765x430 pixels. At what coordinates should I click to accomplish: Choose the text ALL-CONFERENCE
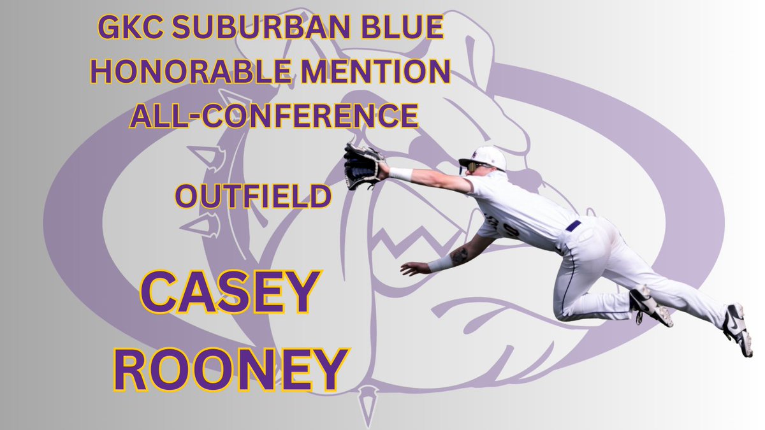click(x=274, y=115)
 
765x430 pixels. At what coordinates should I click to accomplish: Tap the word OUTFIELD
click(x=253, y=197)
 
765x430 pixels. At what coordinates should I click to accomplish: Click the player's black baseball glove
click(x=362, y=165)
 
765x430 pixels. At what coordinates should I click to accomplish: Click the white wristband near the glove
click(x=401, y=173)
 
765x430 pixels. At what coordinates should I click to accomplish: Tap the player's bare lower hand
click(x=414, y=268)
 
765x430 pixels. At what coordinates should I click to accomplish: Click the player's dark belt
click(x=574, y=226)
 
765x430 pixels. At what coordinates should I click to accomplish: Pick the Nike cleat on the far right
click(x=737, y=328)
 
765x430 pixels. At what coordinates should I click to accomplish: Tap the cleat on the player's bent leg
click(x=649, y=306)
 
